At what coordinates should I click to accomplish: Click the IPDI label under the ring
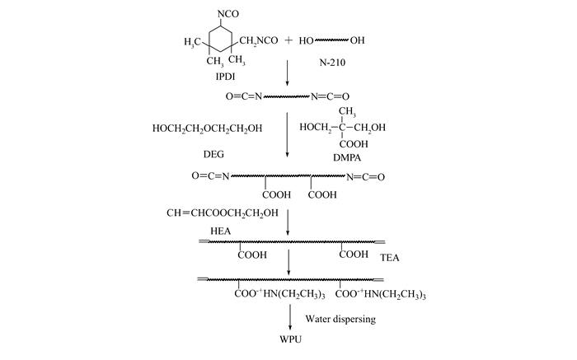click(225, 77)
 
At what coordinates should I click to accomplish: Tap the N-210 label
click(332, 63)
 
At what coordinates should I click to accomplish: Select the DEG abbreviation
click(213, 154)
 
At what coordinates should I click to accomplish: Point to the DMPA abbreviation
click(347, 157)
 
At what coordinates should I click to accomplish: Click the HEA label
click(220, 231)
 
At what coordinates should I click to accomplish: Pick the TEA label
click(389, 257)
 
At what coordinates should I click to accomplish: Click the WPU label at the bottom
click(290, 339)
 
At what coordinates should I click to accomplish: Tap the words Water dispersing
click(340, 319)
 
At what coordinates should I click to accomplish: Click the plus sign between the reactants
click(288, 40)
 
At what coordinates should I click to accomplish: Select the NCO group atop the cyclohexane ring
click(228, 14)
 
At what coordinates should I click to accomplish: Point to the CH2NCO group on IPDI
click(258, 40)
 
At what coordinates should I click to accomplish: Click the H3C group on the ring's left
click(192, 42)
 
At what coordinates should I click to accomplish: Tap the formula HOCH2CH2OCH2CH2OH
click(207, 129)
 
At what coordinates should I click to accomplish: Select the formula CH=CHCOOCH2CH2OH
click(223, 213)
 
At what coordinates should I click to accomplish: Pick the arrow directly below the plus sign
click(288, 72)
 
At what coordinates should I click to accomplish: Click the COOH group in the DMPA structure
click(354, 144)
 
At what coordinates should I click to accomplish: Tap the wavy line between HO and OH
click(331, 40)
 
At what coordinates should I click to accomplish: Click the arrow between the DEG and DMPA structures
click(288, 135)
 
